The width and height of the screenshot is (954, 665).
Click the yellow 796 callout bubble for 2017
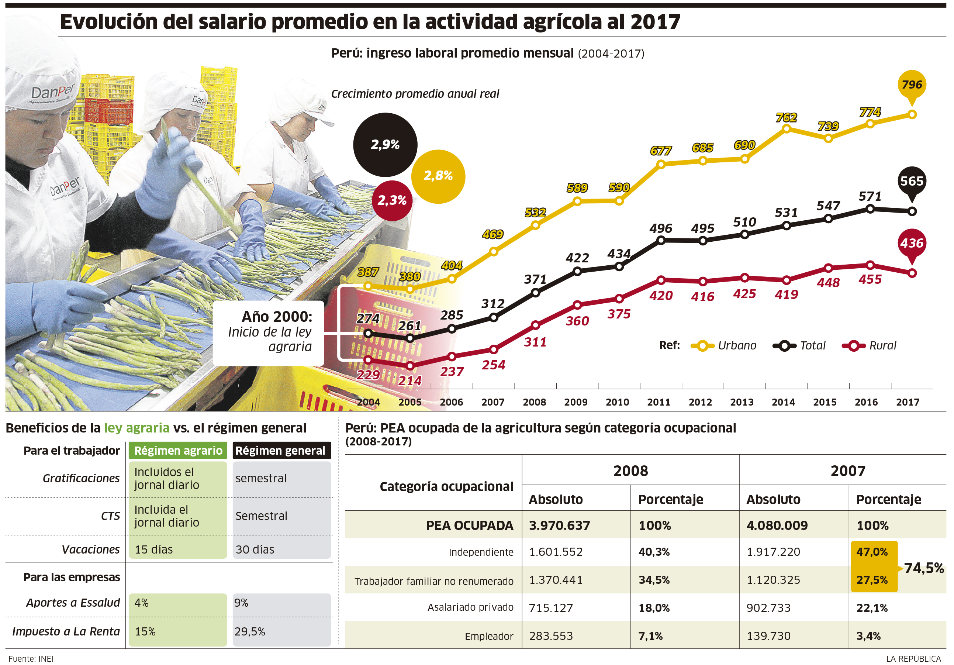(x=912, y=85)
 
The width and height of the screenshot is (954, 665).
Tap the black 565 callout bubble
(x=912, y=182)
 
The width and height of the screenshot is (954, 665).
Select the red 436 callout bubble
(x=912, y=244)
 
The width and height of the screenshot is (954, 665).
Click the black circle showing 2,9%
(x=385, y=145)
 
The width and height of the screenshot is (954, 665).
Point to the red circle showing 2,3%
(x=391, y=201)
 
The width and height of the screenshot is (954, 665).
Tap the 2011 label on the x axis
(x=659, y=402)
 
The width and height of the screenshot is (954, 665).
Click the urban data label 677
(x=661, y=151)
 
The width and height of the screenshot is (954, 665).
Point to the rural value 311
(x=535, y=342)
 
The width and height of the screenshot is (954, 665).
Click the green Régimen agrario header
(x=178, y=451)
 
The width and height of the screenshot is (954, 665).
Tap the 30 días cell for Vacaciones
(x=255, y=550)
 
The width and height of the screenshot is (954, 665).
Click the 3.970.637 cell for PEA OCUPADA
(x=559, y=526)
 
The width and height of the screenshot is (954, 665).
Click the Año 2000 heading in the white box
(x=277, y=317)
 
